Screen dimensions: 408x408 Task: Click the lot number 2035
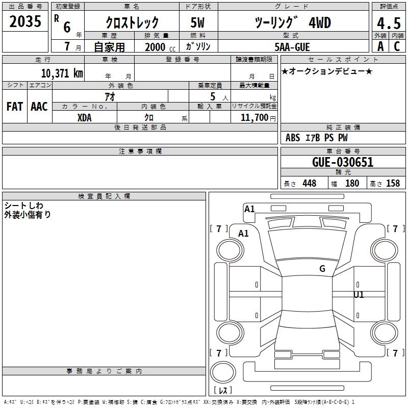pyautogui.click(x=25, y=21)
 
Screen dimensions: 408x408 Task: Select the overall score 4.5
pyautogui.click(x=389, y=23)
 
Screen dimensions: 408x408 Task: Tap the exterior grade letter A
pyautogui.click(x=380, y=46)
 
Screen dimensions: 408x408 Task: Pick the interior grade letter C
pyautogui.click(x=397, y=46)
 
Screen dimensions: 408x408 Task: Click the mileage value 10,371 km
pyautogui.click(x=62, y=73)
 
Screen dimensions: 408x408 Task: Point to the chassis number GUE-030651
pyautogui.click(x=343, y=162)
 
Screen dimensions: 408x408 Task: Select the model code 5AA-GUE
pyautogui.click(x=292, y=47)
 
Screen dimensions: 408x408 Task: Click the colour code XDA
pyautogui.click(x=85, y=118)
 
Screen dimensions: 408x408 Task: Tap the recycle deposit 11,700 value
pyautogui.click(x=254, y=118)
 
